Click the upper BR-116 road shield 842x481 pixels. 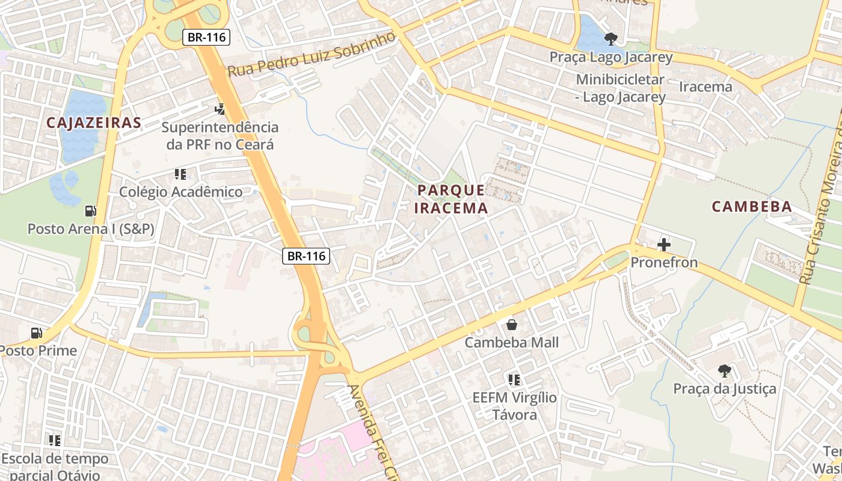point(206,37)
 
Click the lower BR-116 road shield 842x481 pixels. point(306,256)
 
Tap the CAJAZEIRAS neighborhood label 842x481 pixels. point(94,123)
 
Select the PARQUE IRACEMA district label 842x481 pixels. point(452,199)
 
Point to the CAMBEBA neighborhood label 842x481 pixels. point(752,207)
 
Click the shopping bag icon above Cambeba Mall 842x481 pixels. point(512,325)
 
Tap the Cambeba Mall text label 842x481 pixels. point(512,343)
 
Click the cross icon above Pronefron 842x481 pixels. point(664,245)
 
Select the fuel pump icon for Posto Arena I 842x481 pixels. point(91,211)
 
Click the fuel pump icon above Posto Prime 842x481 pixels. point(37,332)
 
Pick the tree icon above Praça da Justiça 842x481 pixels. point(725,370)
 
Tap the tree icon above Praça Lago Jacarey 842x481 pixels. point(611,39)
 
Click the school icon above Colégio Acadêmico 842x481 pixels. point(180,174)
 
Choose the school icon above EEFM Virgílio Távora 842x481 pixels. point(514,379)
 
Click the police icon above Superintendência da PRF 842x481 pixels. point(220,109)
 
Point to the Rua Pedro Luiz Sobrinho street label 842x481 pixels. point(312,54)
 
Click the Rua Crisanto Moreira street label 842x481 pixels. point(822,198)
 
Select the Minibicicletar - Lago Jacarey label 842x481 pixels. point(621,88)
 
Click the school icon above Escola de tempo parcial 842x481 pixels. point(55,441)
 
